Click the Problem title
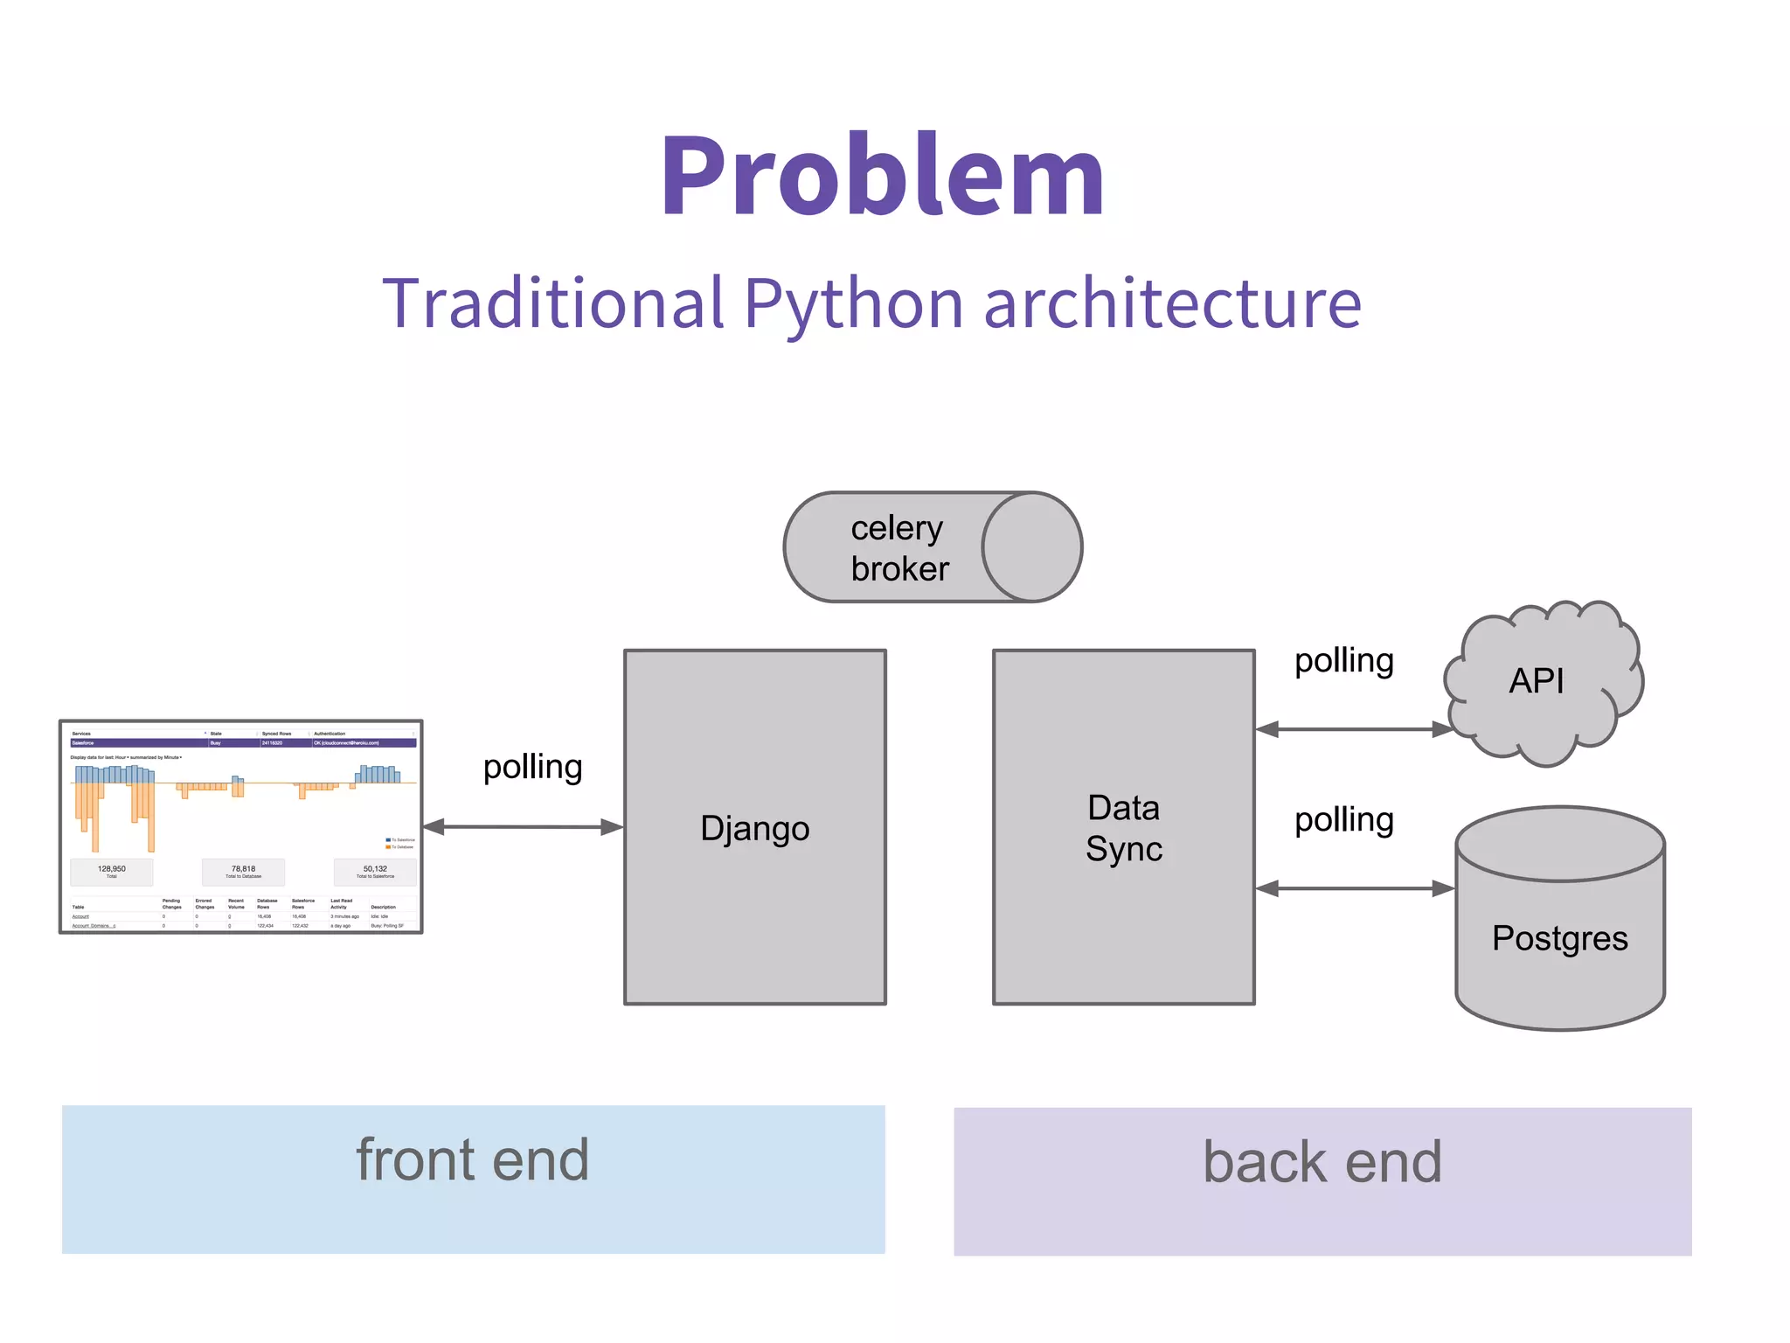(x=883, y=175)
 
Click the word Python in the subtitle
(x=853, y=304)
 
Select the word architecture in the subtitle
(x=1172, y=304)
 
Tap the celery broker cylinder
(x=932, y=547)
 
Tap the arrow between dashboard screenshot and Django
(x=523, y=826)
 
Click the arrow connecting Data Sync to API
(x=1354, y=729)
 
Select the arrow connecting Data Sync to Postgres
(x=1354, y=888)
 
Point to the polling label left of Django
(x=532, y=767)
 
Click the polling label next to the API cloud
(x=1343, y=660)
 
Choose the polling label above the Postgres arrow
(x=1343, y=820)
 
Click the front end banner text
(x=472, y=1160)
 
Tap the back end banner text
(x=1322, y=1163)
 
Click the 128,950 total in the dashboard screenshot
(x=112, y=869)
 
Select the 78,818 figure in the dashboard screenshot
(x=243, y=869)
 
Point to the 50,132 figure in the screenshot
(x=375, y=869)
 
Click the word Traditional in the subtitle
(x=553, y=304)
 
